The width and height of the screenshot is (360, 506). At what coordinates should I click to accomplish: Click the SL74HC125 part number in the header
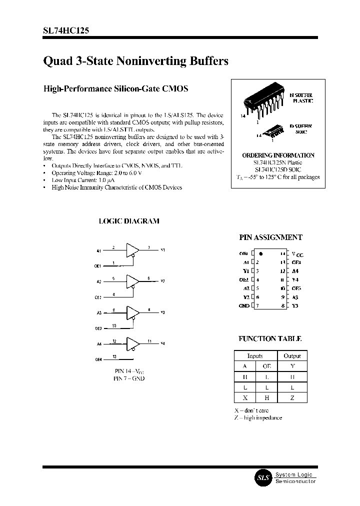tap(66, 30)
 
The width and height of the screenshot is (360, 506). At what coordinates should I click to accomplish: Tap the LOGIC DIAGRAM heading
tap(129, 221)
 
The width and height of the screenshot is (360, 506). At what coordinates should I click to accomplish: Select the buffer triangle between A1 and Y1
tap(132, 249)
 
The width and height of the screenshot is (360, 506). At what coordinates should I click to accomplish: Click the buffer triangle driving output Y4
tap(132, 343)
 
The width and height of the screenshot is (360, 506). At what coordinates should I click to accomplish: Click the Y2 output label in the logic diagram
tap(162, 280)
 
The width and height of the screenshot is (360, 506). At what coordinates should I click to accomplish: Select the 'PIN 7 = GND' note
tap(129, 378)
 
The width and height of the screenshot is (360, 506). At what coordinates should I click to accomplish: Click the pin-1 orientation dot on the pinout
tap(261, 254)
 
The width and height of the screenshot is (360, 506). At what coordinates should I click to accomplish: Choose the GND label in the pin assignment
tap(244, 305)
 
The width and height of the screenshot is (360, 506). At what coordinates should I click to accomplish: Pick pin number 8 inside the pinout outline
tap(282, 305)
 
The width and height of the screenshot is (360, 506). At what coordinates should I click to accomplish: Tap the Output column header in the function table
tap(292, 356)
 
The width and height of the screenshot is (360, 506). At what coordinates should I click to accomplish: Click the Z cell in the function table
tap(292, 398)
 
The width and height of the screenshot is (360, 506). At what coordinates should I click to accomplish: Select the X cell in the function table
tap(245, 398)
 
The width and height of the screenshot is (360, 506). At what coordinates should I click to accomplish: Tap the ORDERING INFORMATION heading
tap(278, 155)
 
